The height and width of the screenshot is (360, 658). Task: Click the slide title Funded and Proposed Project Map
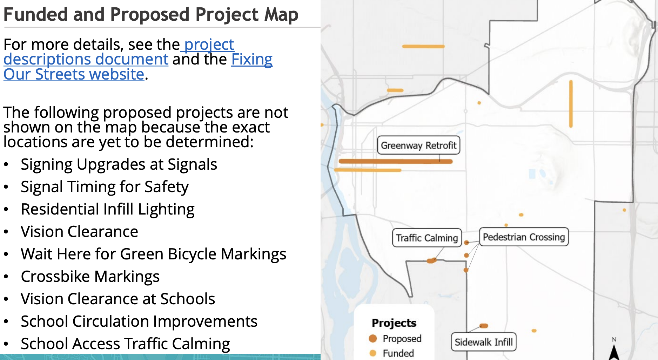click(x=151, y=15)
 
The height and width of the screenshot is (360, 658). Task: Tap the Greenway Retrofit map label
click(x=418, y=145)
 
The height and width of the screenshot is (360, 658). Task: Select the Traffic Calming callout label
click(x=427, y=238)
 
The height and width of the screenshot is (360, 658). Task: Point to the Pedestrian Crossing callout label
click(x=524, y=237)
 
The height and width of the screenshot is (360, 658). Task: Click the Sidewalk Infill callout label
click(x=483, y=342)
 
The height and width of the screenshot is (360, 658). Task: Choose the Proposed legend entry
click(x=395, y=339)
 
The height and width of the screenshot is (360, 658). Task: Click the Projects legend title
click(x=394, y=323)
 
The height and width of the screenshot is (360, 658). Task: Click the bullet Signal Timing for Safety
click(x=105, y=187)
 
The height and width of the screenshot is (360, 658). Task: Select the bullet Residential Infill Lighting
click(x=108, y=209)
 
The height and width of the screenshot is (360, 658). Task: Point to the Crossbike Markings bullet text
click(x=90, y=277)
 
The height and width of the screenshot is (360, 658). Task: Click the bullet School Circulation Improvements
click(x=139, y=321)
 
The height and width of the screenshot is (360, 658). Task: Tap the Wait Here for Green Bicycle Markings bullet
click(x=153, y=254)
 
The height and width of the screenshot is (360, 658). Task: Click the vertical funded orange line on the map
click(x=571, y=104)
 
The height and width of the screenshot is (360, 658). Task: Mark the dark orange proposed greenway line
click(x=396, y=162)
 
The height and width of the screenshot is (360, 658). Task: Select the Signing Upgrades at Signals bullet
click(x=119, y=164)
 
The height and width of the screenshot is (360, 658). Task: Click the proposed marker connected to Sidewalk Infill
click(x=484, y=326)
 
